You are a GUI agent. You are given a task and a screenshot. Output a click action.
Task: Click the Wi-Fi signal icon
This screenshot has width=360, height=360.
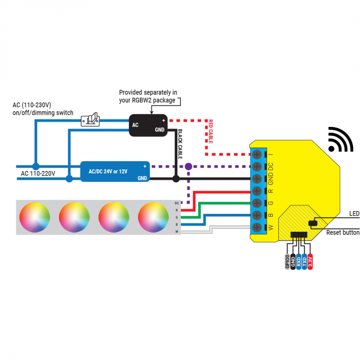click(340, 140)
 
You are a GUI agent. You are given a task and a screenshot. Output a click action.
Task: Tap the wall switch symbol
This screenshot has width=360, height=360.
click(90, 120)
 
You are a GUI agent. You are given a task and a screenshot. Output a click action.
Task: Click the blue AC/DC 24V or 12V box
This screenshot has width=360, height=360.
click(115, 171)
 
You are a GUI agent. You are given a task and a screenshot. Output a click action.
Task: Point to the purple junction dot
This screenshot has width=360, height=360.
click(189, 166)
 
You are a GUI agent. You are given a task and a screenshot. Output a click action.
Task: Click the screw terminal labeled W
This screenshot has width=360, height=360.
click(257, 227)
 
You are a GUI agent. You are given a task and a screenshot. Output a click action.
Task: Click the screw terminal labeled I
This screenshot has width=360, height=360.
click(257, 154)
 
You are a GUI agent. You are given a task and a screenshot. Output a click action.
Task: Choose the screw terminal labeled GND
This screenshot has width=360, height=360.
click(257, 179)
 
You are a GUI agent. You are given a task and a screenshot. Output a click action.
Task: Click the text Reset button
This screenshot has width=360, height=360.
click(342, 233)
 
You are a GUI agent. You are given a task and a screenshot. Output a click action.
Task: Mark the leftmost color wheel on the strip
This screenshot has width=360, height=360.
click(35, 217)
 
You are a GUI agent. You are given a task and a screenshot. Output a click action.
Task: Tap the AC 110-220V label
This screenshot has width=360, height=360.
click(38, 173)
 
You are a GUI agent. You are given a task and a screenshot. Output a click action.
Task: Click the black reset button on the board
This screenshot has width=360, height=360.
click(312, 223)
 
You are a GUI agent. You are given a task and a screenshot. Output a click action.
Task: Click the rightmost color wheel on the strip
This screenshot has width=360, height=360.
click(153, 217)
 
